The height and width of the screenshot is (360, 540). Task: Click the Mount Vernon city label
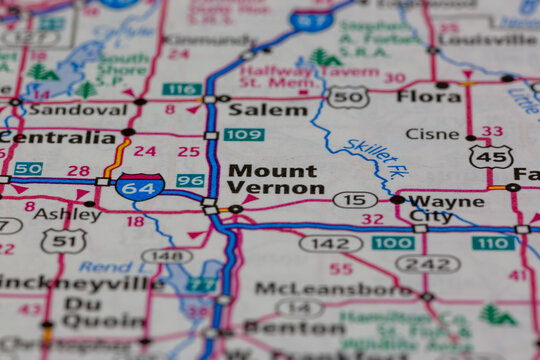coord(274,179)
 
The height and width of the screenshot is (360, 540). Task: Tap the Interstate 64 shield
coord(139,186)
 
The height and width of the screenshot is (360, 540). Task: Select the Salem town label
coord(268,109)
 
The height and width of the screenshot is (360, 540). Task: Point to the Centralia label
coord(59,136)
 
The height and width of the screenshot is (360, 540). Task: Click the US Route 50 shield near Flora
coord(348,96)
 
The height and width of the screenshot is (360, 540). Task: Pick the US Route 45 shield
coord(491,156)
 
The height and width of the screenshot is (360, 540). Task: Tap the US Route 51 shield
coord(63,240)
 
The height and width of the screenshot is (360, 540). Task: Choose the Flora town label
coord(428,96)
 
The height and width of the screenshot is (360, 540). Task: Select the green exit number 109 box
coord(244,134)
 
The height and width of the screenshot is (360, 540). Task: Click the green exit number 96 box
coord(190,180)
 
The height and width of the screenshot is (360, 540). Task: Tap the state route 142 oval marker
coord(330,243)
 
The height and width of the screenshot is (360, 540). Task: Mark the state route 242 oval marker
coord(428,263)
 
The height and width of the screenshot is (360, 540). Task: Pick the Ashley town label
coord(68,213)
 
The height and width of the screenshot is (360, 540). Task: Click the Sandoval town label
coord(63,109)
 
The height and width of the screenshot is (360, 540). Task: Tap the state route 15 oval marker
coord(355,200)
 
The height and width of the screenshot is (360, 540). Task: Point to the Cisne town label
coord(432,133)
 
